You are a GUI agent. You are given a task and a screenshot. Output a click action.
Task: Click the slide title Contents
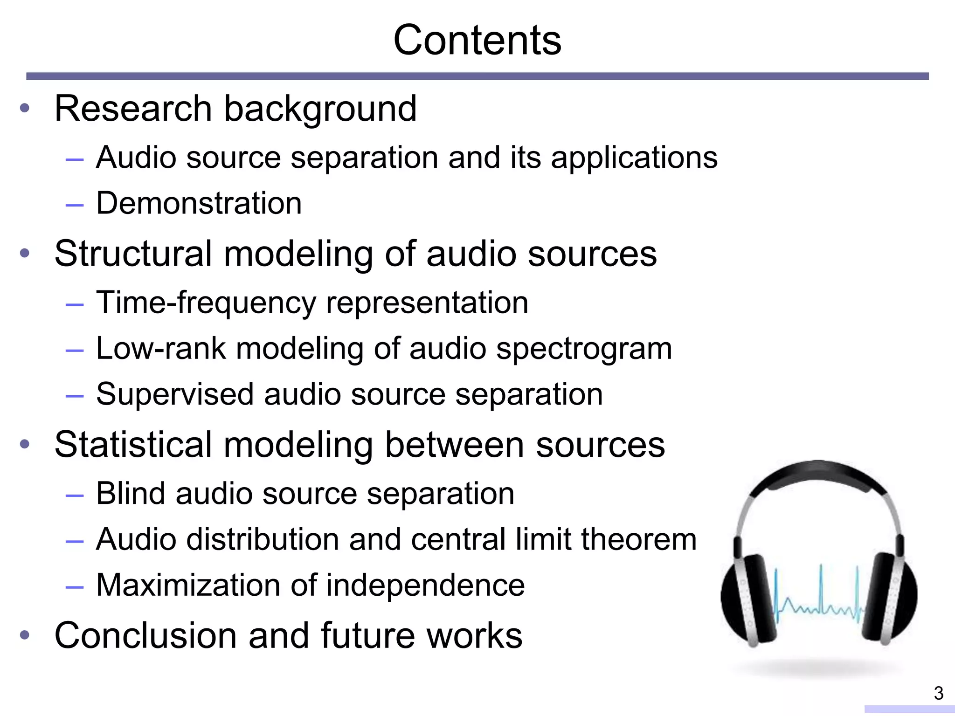(x=477, y=40)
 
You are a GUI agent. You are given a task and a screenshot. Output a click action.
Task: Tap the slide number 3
(x=939, y=694)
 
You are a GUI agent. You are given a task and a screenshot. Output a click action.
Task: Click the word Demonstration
(x=199, y=203)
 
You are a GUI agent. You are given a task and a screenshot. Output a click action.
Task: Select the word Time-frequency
(x=206, y=303)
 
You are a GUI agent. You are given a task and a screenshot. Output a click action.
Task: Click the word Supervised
(x=175, y=394)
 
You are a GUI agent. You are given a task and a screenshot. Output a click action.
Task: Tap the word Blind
(x=131, y=493)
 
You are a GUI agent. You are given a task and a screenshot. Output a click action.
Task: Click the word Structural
(x=133, y=254)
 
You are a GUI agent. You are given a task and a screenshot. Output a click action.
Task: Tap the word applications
(x=634, y=158)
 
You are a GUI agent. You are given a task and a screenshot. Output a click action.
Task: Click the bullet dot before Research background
(x=25, y=109)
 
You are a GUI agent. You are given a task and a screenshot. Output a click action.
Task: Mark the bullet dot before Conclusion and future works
(x=25, y=635)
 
